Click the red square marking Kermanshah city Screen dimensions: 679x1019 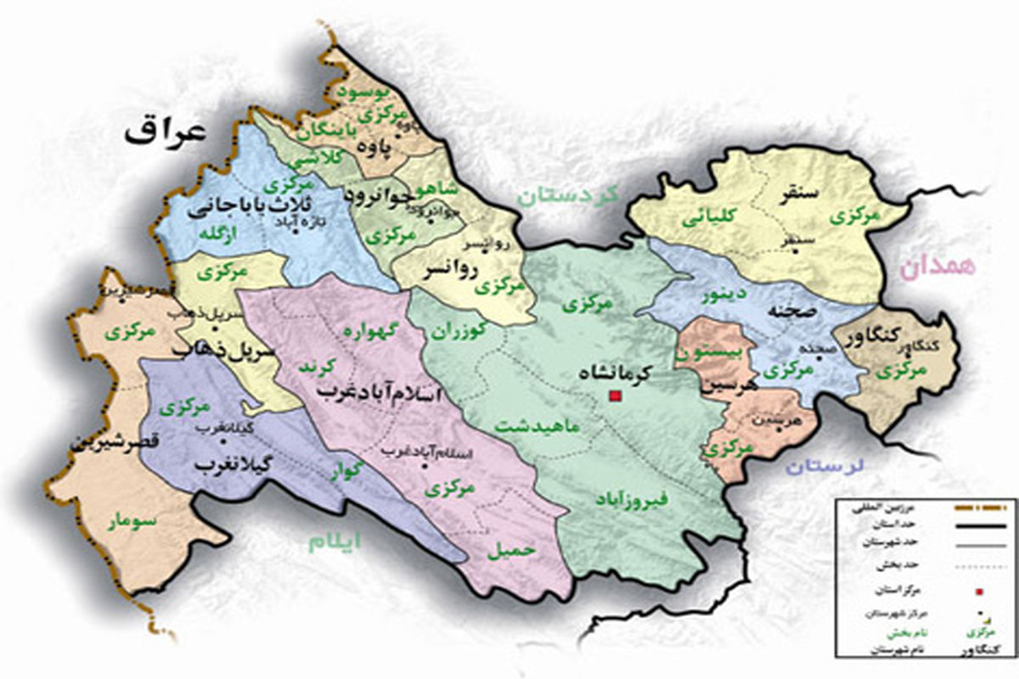pos(614,396)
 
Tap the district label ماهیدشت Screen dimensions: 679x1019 pos(538,425)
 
